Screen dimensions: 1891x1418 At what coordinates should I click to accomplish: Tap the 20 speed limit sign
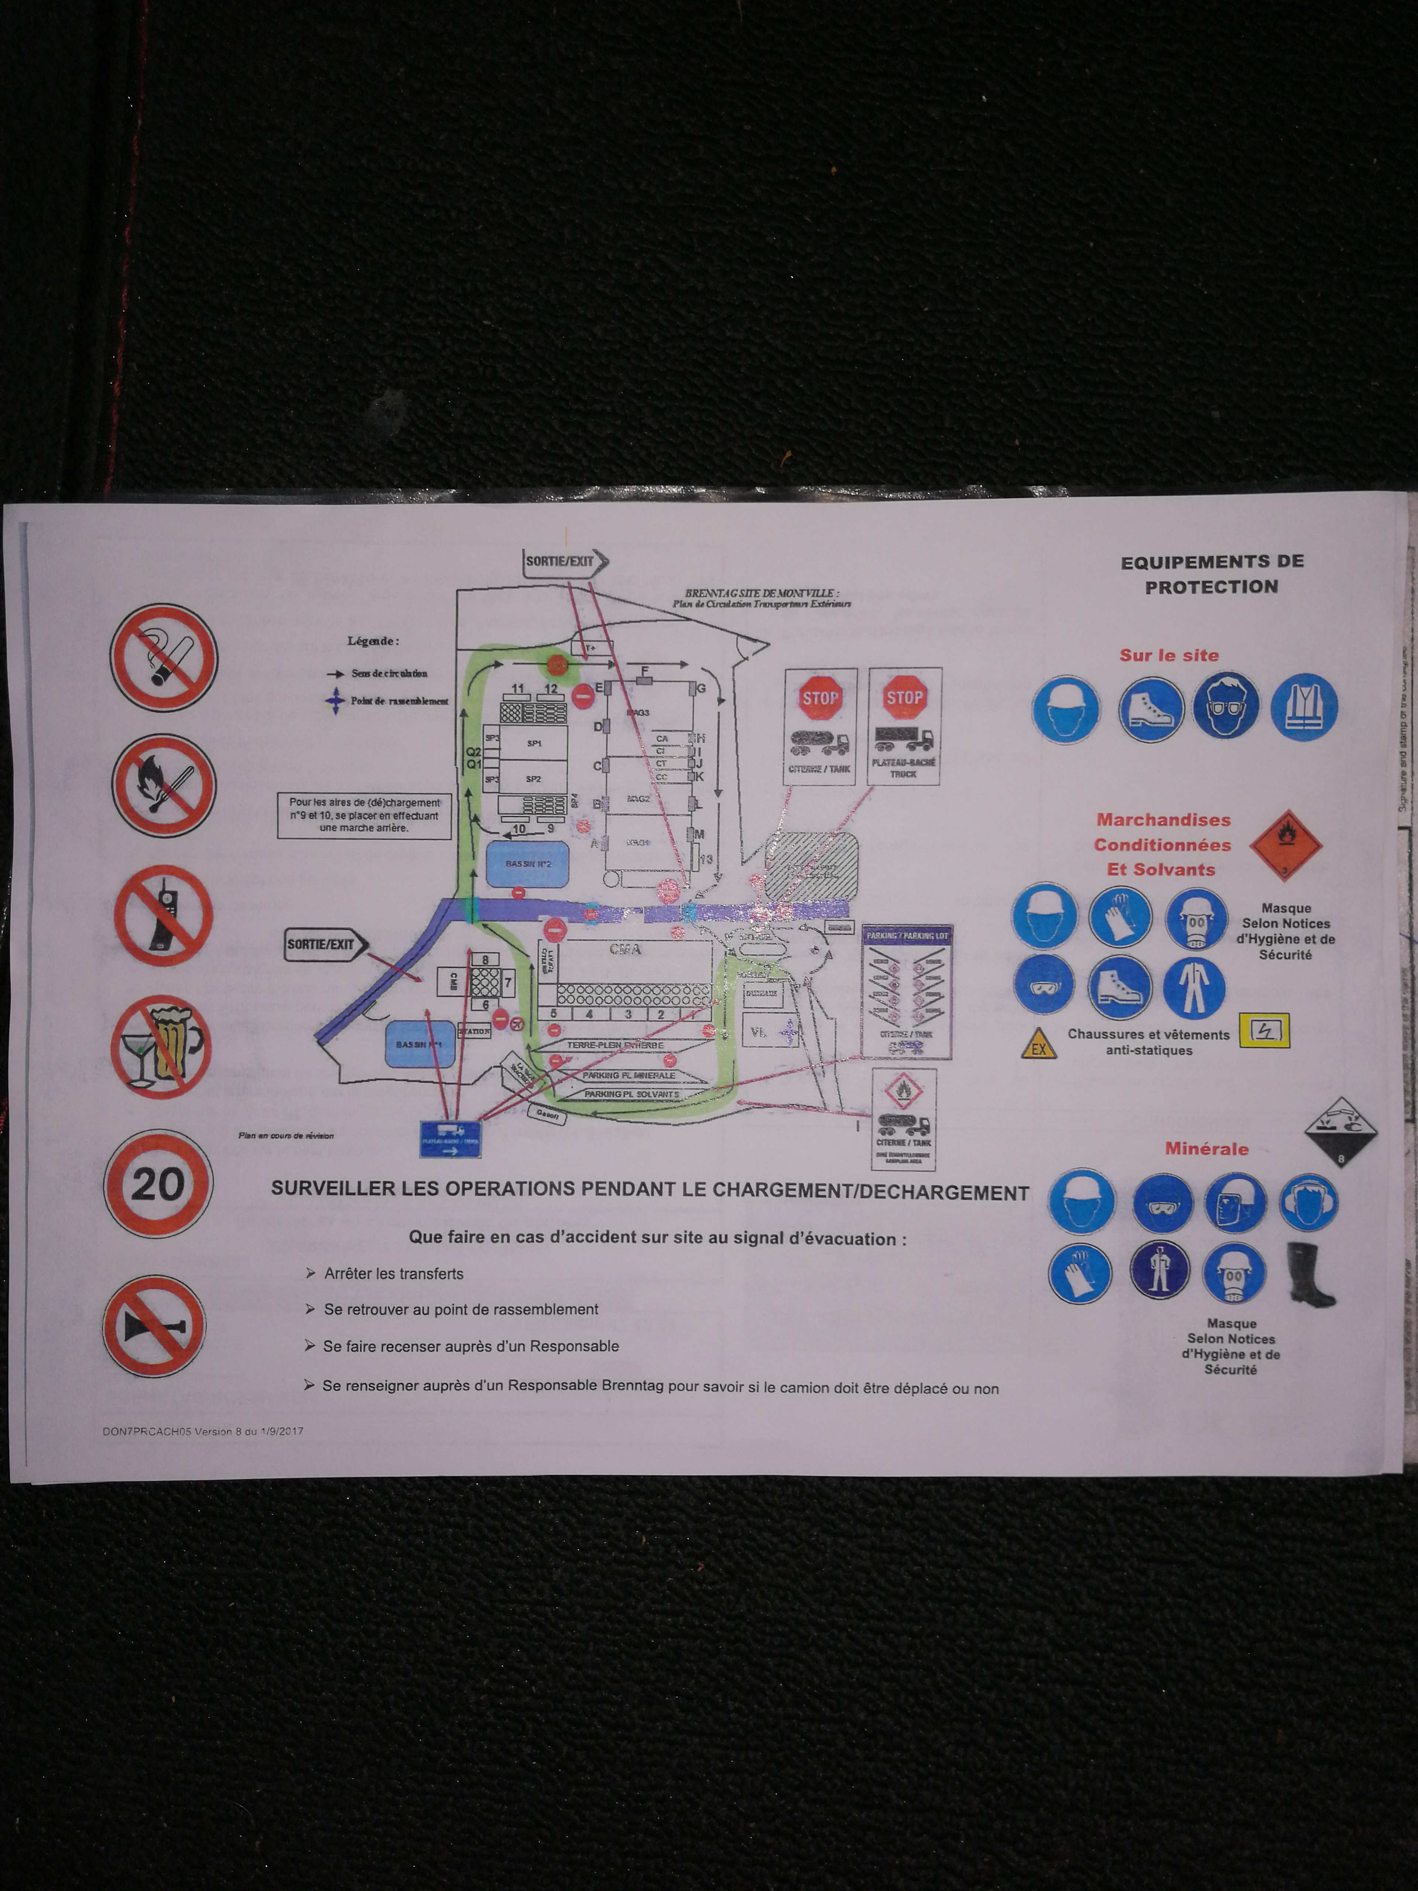[158, 1184]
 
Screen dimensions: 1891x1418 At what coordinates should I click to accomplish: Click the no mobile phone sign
[163, 916]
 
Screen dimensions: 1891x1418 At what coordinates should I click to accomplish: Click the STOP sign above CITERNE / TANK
[820, 698]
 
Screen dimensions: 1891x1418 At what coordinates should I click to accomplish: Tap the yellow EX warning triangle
[1038, 1044]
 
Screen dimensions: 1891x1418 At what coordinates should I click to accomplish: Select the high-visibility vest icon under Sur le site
[1304, 707]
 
